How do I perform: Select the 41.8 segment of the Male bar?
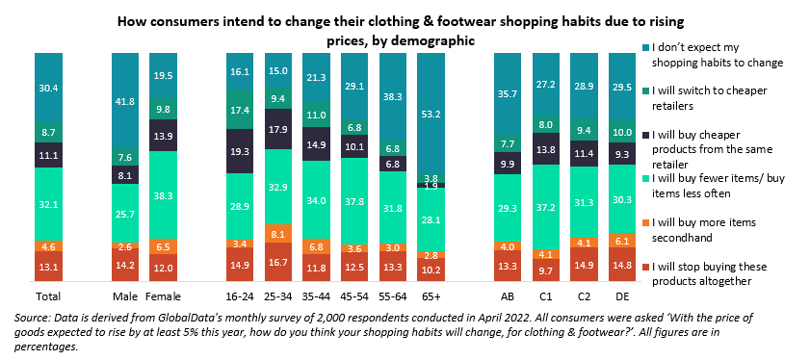(124, 101)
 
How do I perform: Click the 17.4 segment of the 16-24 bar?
(240, 110)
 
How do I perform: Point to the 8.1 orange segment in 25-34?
(278, 233)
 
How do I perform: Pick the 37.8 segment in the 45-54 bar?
(355, 201)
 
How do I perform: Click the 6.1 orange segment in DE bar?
(624, 241)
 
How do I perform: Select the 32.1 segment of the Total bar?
(48, 204)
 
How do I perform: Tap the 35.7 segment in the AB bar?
(509, 94)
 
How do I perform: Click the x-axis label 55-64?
(393, 296)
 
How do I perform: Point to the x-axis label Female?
(163, 296)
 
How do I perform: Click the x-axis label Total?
(48, 296)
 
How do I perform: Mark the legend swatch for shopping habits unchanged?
(646, 47)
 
